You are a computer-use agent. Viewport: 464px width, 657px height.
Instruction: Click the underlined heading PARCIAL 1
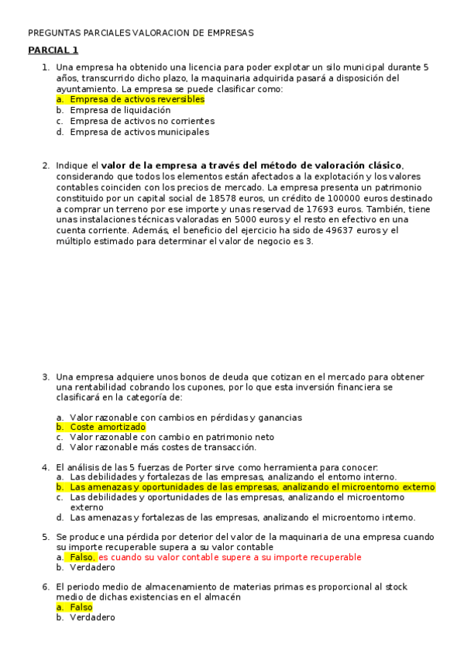[53, 50]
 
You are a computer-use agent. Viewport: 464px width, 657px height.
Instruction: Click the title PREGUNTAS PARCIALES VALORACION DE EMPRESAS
[140, 33]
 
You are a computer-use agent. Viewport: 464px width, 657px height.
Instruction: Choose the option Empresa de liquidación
[120, 110]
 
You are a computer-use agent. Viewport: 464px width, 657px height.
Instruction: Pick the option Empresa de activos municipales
[139, 132]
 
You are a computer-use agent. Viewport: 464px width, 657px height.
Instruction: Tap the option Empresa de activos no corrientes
[142, 121]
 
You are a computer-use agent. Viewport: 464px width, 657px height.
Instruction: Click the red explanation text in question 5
[229, 557]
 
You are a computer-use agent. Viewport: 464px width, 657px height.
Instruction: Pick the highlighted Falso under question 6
[81, 607]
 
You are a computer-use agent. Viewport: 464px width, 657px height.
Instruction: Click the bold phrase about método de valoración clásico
[252, 165]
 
